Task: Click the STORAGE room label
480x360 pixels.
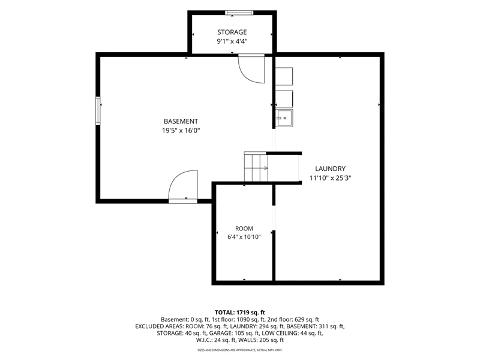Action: (x=232, y=32)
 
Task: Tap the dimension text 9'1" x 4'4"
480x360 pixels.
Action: (x=232, y=41)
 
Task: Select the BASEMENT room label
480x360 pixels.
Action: (x=181, y=121)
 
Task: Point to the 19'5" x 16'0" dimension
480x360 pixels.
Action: (x=181, y=131)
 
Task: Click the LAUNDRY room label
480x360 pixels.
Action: (x=331, y=169)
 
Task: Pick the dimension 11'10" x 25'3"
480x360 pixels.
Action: (x=331, y=178)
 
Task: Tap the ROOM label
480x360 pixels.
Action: (x=244, y=229)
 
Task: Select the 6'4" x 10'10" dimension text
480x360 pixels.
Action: (x=244, y=237)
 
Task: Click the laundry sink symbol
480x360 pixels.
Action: (x=284, y=118)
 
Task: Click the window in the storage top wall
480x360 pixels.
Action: (x=239, y=13)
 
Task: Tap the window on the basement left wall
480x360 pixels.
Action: (x=98, y=110)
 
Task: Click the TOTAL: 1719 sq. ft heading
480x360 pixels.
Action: (x=239, y=313)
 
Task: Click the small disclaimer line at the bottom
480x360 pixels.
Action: (x=239, y=350)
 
